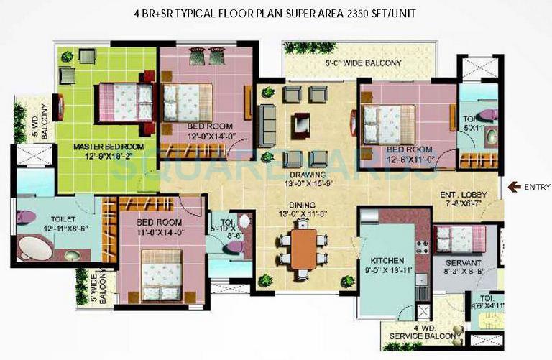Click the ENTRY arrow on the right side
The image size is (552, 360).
tap(513, 187)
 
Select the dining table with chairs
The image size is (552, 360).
tap(304, 248)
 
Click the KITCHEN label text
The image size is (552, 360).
tap(388, 259)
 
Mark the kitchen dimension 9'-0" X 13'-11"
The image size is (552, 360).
tap(388, 270)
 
